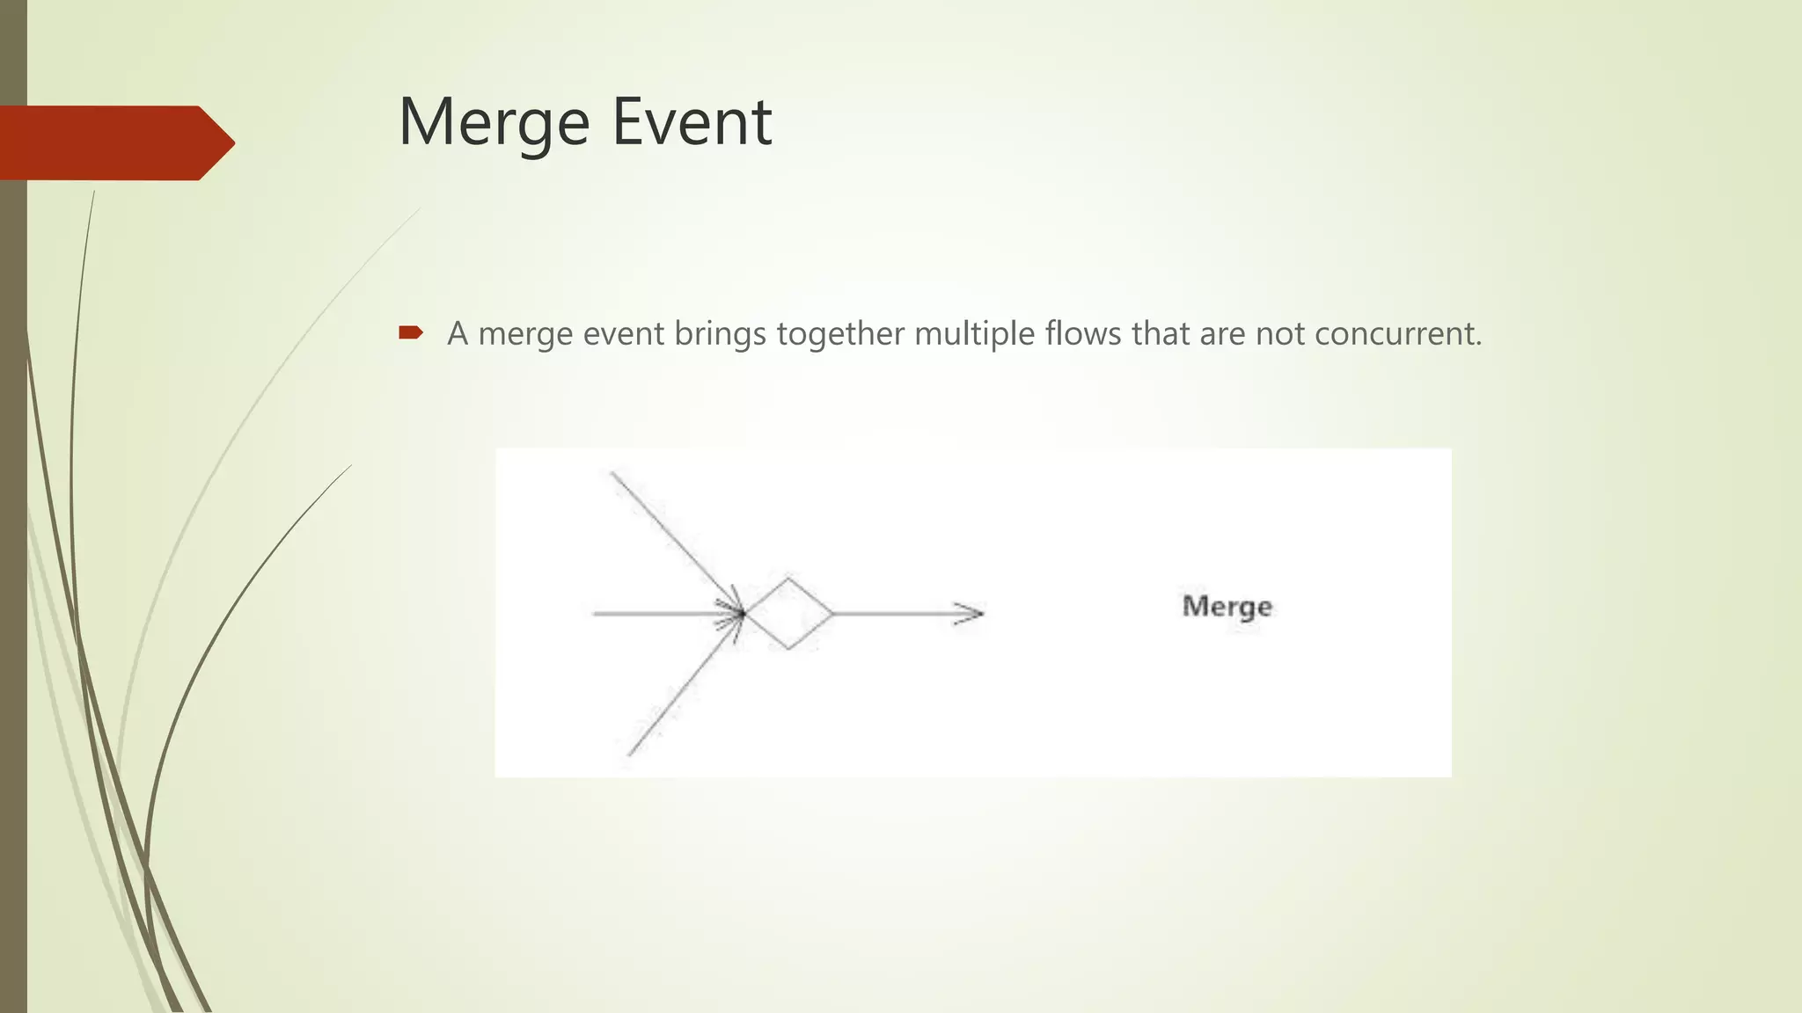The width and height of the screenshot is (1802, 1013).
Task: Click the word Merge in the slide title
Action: pos(494,123)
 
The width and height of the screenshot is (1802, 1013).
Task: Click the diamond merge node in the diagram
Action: pos(788,614)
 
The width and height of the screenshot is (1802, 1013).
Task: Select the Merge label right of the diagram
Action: pos(1227,607)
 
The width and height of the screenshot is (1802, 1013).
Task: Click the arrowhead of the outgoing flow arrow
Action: pos(971,614)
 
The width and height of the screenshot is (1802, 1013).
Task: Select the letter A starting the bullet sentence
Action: pos(458,334)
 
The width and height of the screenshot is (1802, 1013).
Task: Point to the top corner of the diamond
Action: pos(788,579)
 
